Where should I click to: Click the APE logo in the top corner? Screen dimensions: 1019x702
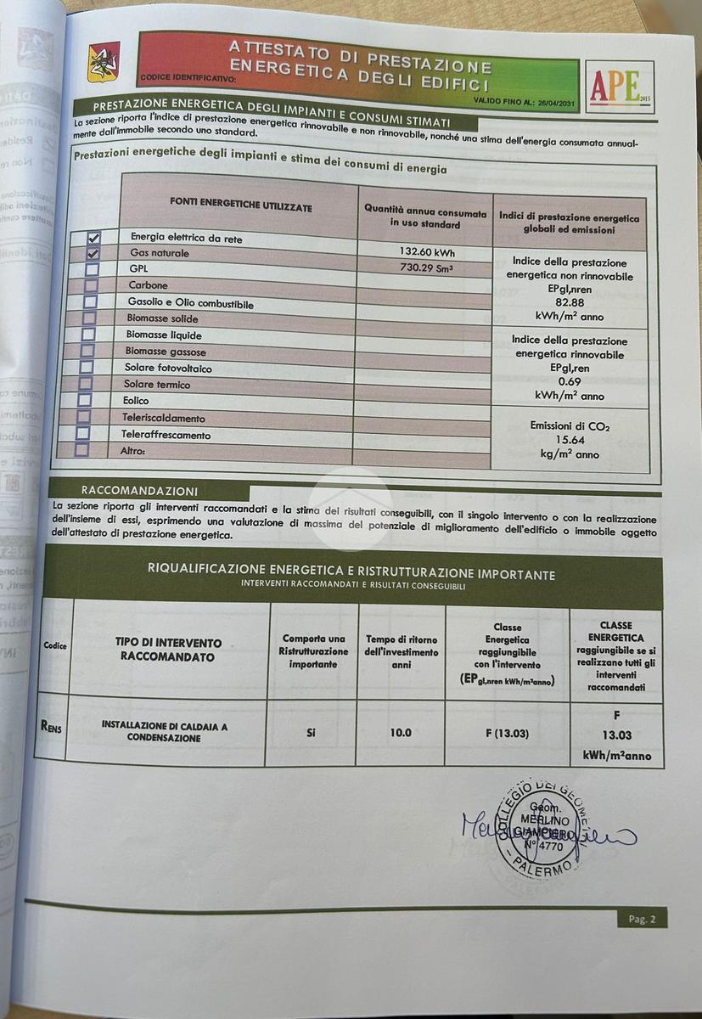(x=620, y=87)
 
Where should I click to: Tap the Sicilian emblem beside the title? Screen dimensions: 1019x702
(x=104, y=63)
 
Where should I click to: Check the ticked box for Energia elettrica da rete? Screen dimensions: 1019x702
(x=93, y=239)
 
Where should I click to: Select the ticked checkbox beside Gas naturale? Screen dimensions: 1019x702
(x=93, y=253)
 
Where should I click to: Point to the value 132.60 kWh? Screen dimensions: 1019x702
(x=426, y=251)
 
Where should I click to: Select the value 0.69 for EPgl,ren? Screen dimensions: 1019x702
(x=569, y=382)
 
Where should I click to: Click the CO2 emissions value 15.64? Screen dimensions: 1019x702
(x=569, y=440)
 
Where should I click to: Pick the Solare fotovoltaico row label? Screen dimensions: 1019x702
(x=168, y=369)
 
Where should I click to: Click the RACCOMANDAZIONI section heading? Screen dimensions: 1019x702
(x=139, y=491)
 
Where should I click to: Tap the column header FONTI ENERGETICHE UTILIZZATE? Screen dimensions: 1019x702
(x=240, y=207)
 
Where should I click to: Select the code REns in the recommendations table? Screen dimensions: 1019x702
(x=52, y=726)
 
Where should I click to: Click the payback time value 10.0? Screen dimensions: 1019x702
(x=400, y=732)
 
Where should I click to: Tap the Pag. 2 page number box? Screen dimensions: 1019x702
(x=641, y=919)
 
